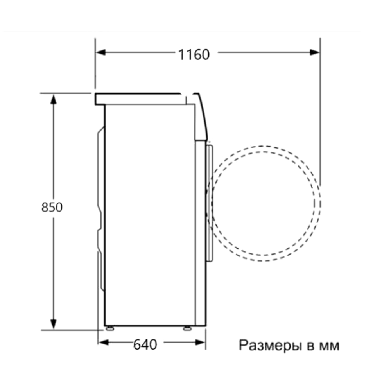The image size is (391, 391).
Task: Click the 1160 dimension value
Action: click(194, 55)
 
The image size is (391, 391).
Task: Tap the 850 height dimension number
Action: click(52, 207)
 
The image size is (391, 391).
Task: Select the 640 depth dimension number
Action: click(145, 344)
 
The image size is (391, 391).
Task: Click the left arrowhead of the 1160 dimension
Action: click(101, 52)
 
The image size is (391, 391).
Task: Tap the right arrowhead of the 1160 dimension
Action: click(315, 52)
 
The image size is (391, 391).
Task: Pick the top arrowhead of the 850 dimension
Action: click(53, 99)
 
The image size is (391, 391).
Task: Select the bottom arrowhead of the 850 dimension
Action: click(53, 325)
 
